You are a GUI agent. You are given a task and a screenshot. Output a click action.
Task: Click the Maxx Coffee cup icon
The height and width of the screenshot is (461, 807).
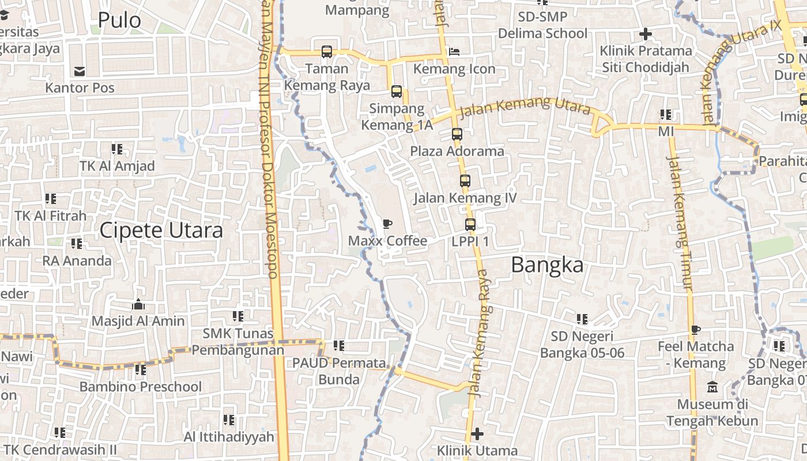click(387, 224)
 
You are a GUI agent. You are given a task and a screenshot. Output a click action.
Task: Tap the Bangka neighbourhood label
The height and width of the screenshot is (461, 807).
click(547, 265)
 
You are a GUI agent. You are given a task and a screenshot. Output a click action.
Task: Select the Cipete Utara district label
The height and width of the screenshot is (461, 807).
click(161, 231)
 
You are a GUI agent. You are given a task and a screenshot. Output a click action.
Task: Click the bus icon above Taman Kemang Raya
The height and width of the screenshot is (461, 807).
click(327, 52)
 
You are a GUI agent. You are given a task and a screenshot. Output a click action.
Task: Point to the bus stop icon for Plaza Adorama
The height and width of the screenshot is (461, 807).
click(457, 134)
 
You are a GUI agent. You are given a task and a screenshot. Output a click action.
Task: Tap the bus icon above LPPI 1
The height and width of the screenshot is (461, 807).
click(470, 225)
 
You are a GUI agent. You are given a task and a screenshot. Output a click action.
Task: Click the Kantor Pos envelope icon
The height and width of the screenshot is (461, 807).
click(80, 71)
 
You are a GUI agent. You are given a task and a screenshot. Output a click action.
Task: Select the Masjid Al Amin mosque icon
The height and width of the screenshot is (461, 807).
click(138, 304)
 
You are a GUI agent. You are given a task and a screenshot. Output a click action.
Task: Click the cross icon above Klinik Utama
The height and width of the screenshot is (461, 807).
click(477, 433)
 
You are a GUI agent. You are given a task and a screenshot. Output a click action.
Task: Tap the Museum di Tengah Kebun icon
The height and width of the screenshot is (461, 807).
click(712, 387)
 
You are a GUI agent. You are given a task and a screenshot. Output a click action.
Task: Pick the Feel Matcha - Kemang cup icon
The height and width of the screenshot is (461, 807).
click(696, 330)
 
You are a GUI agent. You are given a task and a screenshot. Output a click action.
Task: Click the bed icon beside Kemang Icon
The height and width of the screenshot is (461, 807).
click(454, 52)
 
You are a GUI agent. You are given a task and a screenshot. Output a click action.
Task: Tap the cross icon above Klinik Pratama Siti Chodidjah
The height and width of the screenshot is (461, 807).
click(646, 34)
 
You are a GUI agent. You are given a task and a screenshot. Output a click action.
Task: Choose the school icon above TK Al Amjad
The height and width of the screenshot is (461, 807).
click(117, 149)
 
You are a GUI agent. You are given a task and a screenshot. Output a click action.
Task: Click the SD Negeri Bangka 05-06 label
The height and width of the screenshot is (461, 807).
click(582, 345)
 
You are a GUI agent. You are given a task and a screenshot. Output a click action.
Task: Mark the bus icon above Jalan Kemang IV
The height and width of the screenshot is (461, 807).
click(465, 181)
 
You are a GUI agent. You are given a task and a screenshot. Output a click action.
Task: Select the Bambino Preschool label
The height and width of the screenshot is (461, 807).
click(141, 386)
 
